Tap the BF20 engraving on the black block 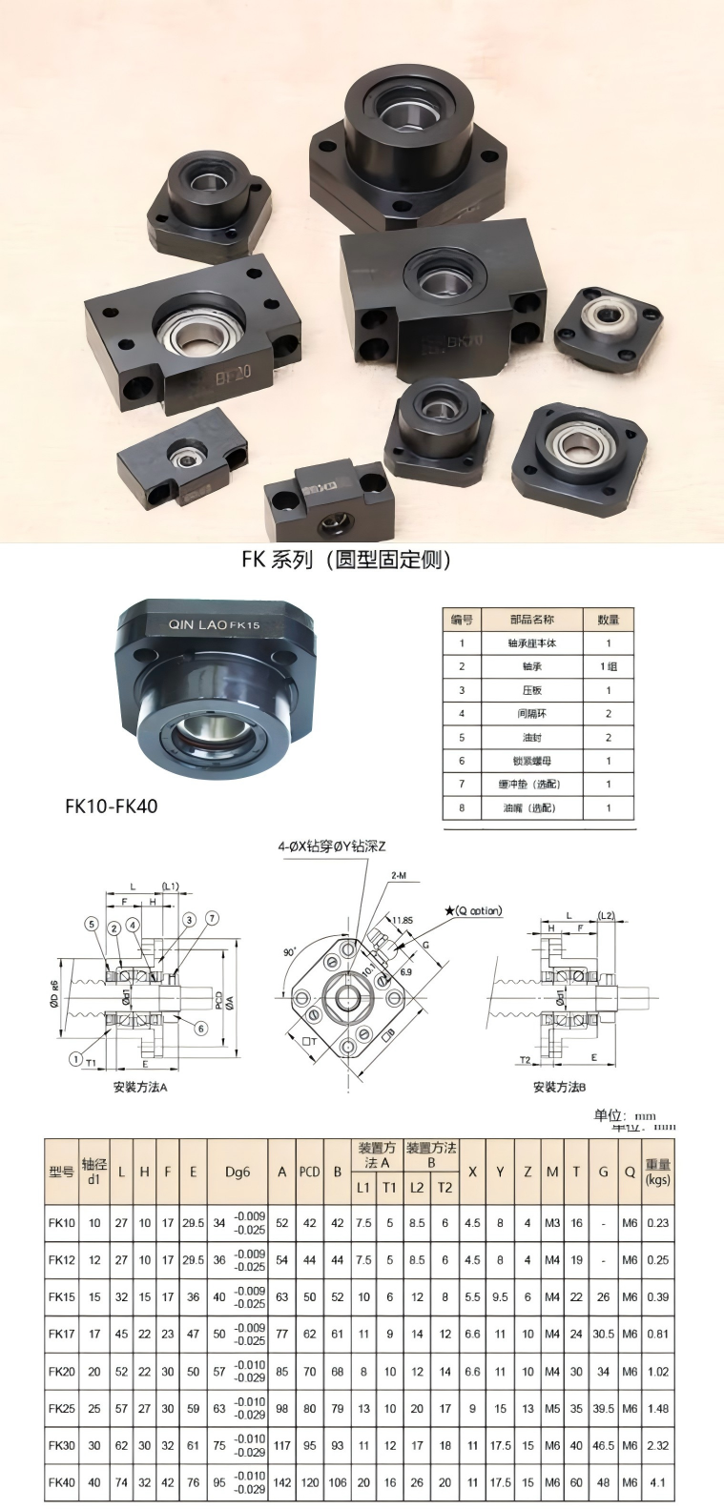[232, 371]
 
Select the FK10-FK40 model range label [111, 806]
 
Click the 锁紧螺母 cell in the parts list [531, 761]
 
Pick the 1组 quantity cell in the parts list [608, 666]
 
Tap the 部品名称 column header [531, 620]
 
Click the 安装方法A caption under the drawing [140, 1087]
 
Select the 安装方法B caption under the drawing [559, 1087]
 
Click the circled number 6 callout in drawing [201, 1029]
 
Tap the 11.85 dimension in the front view [403, 921]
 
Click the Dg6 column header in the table [238, 1172]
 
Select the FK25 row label [61, 1408]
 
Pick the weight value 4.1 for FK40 [657, 1482]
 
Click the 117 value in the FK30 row [281, 1445]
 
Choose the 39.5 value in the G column [603, 1408]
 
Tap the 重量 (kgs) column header [657, 1172]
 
